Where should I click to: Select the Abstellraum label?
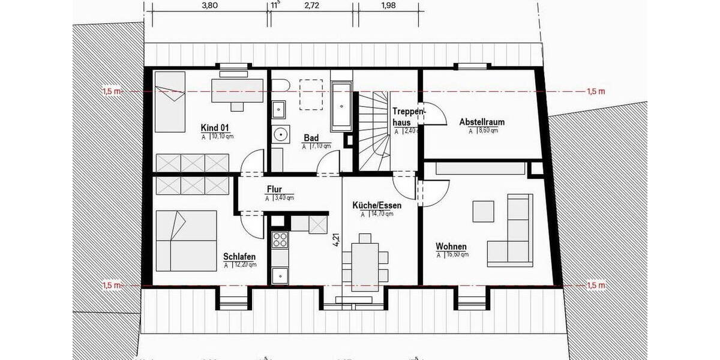pyautogui.click(x=482, y=122)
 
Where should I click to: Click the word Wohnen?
pyautogui.click(x=451, y=247)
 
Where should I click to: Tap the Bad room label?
pyautogui.click(x=311, y=138)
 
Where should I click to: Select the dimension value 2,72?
pyautogui.click(x=313, y=6)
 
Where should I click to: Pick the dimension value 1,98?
pyautogui.click(x=389, y=6)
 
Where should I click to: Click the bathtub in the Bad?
pyautogui.click(x=341, y=106)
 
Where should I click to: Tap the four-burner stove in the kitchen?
pyautogui.click(x=280, y=239)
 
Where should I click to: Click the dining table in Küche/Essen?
pyautogui.click(x=365, y=258)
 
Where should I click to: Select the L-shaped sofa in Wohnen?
pyautogui.click(x=515, y=234)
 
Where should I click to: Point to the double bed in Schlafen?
pyautogui.click(x=186, y=241)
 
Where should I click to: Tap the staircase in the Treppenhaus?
pyautogui.click(x=373, y=129)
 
